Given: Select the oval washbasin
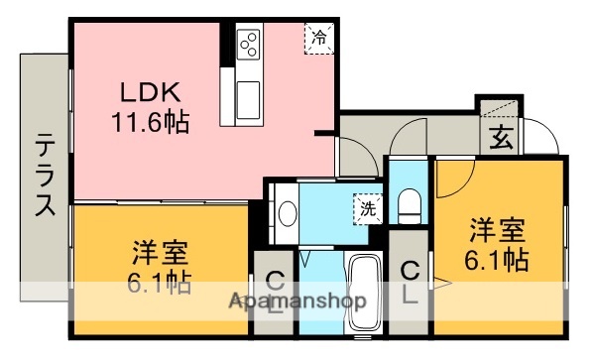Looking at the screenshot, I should point(289,212).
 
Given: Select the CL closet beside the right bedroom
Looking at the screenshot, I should point(409,280).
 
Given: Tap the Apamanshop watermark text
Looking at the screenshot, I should point(298,300).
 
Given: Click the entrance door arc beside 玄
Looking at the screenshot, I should point(536,134).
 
